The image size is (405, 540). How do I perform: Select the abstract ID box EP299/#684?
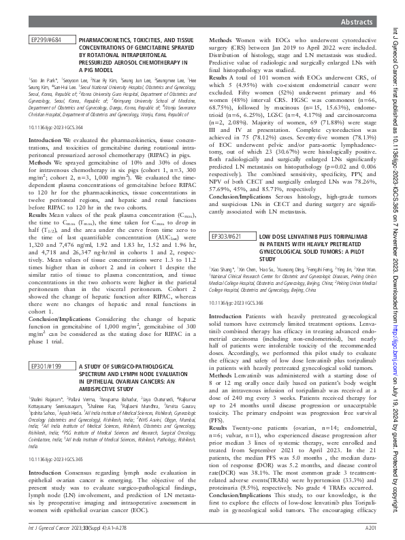pyautogui.click(x=47, y=41)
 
